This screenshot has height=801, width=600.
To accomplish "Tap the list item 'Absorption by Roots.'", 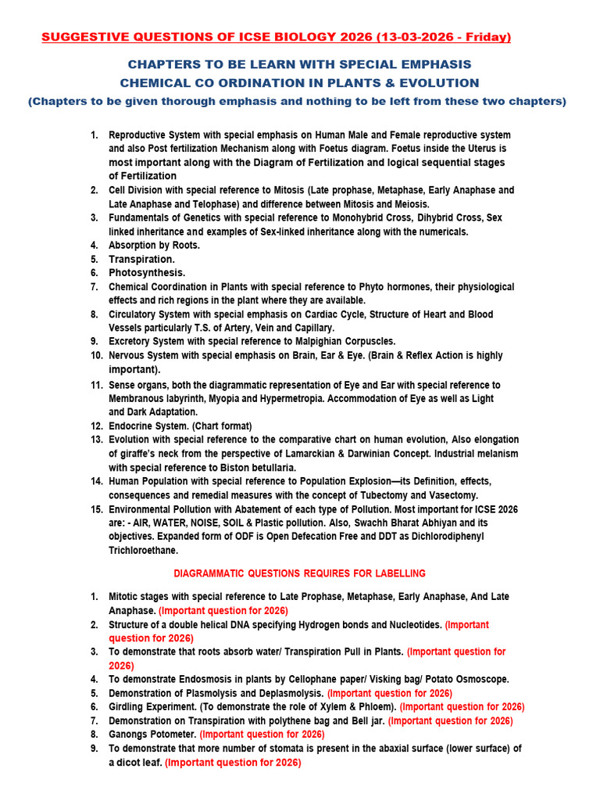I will tap(154, 245).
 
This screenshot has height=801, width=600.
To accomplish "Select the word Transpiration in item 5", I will tap(141, 259).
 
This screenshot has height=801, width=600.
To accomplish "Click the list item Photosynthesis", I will tap(147, 272).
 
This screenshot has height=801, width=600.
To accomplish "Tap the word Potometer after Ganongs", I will tap(172, 735).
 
